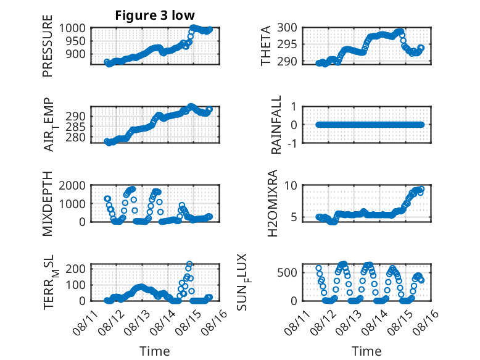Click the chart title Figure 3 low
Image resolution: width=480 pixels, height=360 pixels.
pos(155,15)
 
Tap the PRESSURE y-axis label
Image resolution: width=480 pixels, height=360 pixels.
pos(48,46)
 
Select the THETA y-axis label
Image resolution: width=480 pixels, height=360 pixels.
pos(266,46)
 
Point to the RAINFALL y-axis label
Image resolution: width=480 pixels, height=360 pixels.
pos(276,125)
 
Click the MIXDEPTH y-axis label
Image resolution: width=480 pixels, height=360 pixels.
pos(48,203)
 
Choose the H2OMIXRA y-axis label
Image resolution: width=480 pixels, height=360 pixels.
pos(272,203)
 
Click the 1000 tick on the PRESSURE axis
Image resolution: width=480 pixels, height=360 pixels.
pos(72,28)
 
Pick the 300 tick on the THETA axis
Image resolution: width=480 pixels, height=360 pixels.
pos(287,28)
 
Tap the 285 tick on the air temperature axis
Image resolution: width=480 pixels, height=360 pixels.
pos(75,127)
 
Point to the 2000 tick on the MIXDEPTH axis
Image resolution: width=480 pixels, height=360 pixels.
pos(72,185)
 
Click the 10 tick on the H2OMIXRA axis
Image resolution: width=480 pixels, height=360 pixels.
pos(291,185)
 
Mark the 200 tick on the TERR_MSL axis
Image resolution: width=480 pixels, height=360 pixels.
pos(75,269)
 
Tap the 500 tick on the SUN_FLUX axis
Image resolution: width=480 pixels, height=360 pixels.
pos(287,272)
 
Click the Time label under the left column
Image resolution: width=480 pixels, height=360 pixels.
pos(155,351)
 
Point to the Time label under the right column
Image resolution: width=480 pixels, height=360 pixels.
pos(366,351)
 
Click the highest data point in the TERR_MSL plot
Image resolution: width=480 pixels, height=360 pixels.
pos(189,264)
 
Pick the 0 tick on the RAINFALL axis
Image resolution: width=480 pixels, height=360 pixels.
pos(294,125)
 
